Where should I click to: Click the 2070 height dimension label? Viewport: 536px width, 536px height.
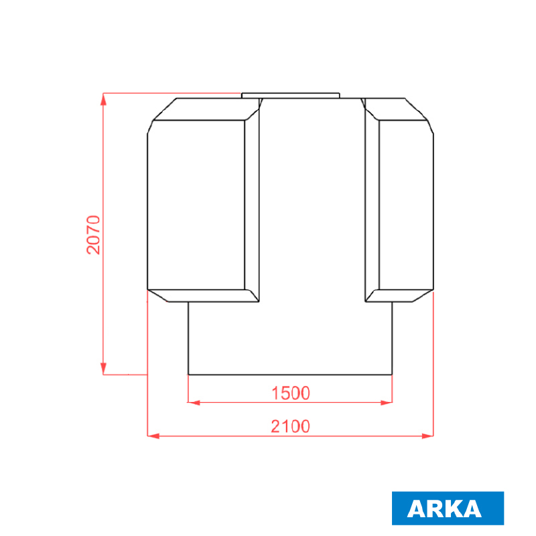[x=93, y=235]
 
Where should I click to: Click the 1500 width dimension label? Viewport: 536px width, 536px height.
[x=291, y=393]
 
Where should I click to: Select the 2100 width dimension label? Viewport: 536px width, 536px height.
[x=291, y=426]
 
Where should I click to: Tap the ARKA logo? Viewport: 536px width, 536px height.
[x=448, y=508]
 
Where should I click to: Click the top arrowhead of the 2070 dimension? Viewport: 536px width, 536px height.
[x=103, y=99]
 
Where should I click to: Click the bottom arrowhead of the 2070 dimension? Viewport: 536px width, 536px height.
[x=103, y=368]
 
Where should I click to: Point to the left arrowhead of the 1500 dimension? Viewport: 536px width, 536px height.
[x=194, y=403]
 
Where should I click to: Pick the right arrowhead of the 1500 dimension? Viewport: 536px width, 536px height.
[x=387, y=403]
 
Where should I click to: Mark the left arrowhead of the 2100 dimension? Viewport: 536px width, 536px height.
[x=153, y=436]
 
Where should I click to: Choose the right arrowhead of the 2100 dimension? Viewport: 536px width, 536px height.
[x=427, y=436]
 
